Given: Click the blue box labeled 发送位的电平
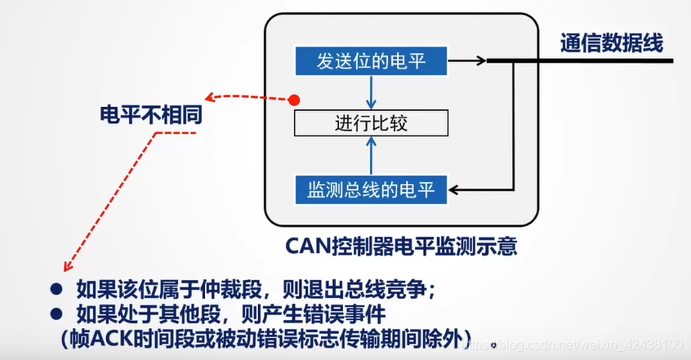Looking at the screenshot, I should pyautogui.click(x=371, y=60).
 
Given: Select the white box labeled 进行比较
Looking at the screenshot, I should pyautogui.click(x=371, y=123).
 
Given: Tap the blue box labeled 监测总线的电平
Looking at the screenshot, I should pyautogui.click(x=371, y=189).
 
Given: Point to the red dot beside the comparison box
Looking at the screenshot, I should pyautogui.click(x=296, y=100).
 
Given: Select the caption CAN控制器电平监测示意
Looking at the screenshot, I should pyautogui.click(x=402, y=244).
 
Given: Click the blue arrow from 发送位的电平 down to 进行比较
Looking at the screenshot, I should pyautogui.click(x=372, y=91).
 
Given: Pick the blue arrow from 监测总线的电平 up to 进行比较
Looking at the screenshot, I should pyautogui.click(x=372, y=155).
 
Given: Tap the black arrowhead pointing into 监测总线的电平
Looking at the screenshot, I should pyautogui.click(x=457, y=190).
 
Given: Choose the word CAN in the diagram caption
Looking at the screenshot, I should pyautogui.click(x=305, y=244).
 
